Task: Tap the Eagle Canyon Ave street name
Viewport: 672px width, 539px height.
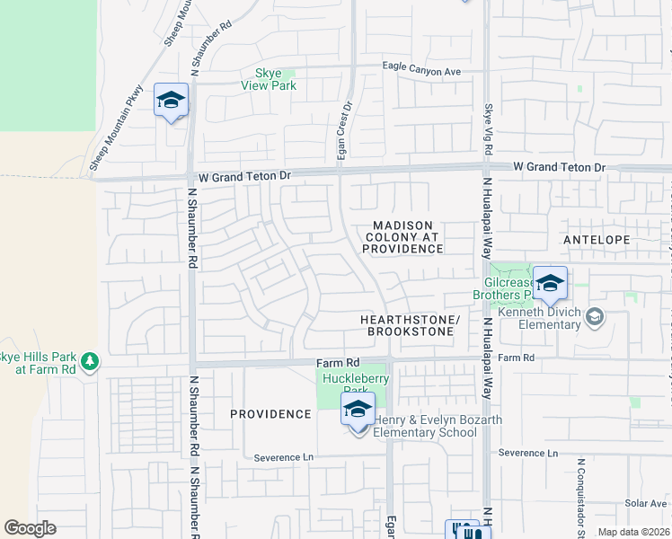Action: click(x=421, y=70)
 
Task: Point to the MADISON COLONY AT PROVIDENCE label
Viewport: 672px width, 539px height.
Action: click(x=403, y=236)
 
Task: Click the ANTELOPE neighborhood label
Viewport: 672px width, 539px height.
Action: click(x=597, y=240)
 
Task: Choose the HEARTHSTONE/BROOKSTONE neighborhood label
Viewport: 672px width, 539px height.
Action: click(x=410, y=325)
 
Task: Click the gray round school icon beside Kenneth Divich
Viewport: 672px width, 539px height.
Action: click(x=594, y=316)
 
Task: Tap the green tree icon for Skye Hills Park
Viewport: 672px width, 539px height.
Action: click(x=89, y=361)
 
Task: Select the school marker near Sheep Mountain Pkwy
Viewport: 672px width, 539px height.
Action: click(x=170, y=102)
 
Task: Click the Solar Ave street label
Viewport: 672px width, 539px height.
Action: click(x=644, y=503)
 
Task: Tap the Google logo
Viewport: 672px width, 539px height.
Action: click(x=30, y=528)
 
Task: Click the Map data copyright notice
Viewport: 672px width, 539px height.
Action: click(x=633, y=532)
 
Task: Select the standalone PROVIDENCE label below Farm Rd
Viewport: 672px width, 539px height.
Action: click(x=270, y=414)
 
